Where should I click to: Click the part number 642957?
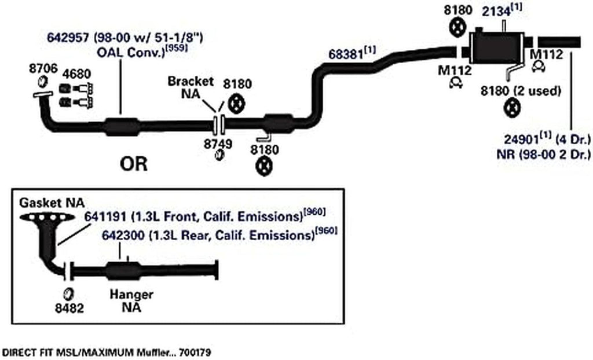tap(66, 38)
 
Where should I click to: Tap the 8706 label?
tap(43, 68)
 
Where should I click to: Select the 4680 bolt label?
tap(76, 74)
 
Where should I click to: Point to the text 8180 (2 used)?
tap(521, 91)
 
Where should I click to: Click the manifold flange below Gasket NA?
tap(46, 217)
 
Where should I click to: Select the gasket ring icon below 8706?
tap(43, 80)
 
